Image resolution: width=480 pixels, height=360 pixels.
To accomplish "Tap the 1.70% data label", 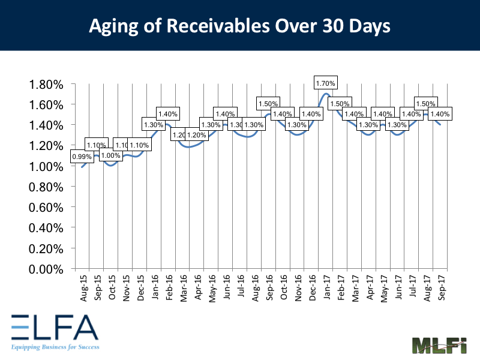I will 326,83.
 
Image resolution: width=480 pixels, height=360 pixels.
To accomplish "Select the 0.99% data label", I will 81,157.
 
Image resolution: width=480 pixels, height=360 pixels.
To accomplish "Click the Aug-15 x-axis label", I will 82,284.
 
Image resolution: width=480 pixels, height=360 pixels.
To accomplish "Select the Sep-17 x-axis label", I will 442,284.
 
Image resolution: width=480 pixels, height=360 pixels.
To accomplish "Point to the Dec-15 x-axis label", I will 140,284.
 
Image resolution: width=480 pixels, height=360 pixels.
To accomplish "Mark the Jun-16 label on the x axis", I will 226,284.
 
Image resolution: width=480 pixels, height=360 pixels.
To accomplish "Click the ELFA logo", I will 54,328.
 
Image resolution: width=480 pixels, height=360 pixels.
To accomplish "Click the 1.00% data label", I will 110,155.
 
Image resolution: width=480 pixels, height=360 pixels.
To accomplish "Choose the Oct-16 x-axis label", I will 284,284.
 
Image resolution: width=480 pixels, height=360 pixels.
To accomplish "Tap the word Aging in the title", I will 110,26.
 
